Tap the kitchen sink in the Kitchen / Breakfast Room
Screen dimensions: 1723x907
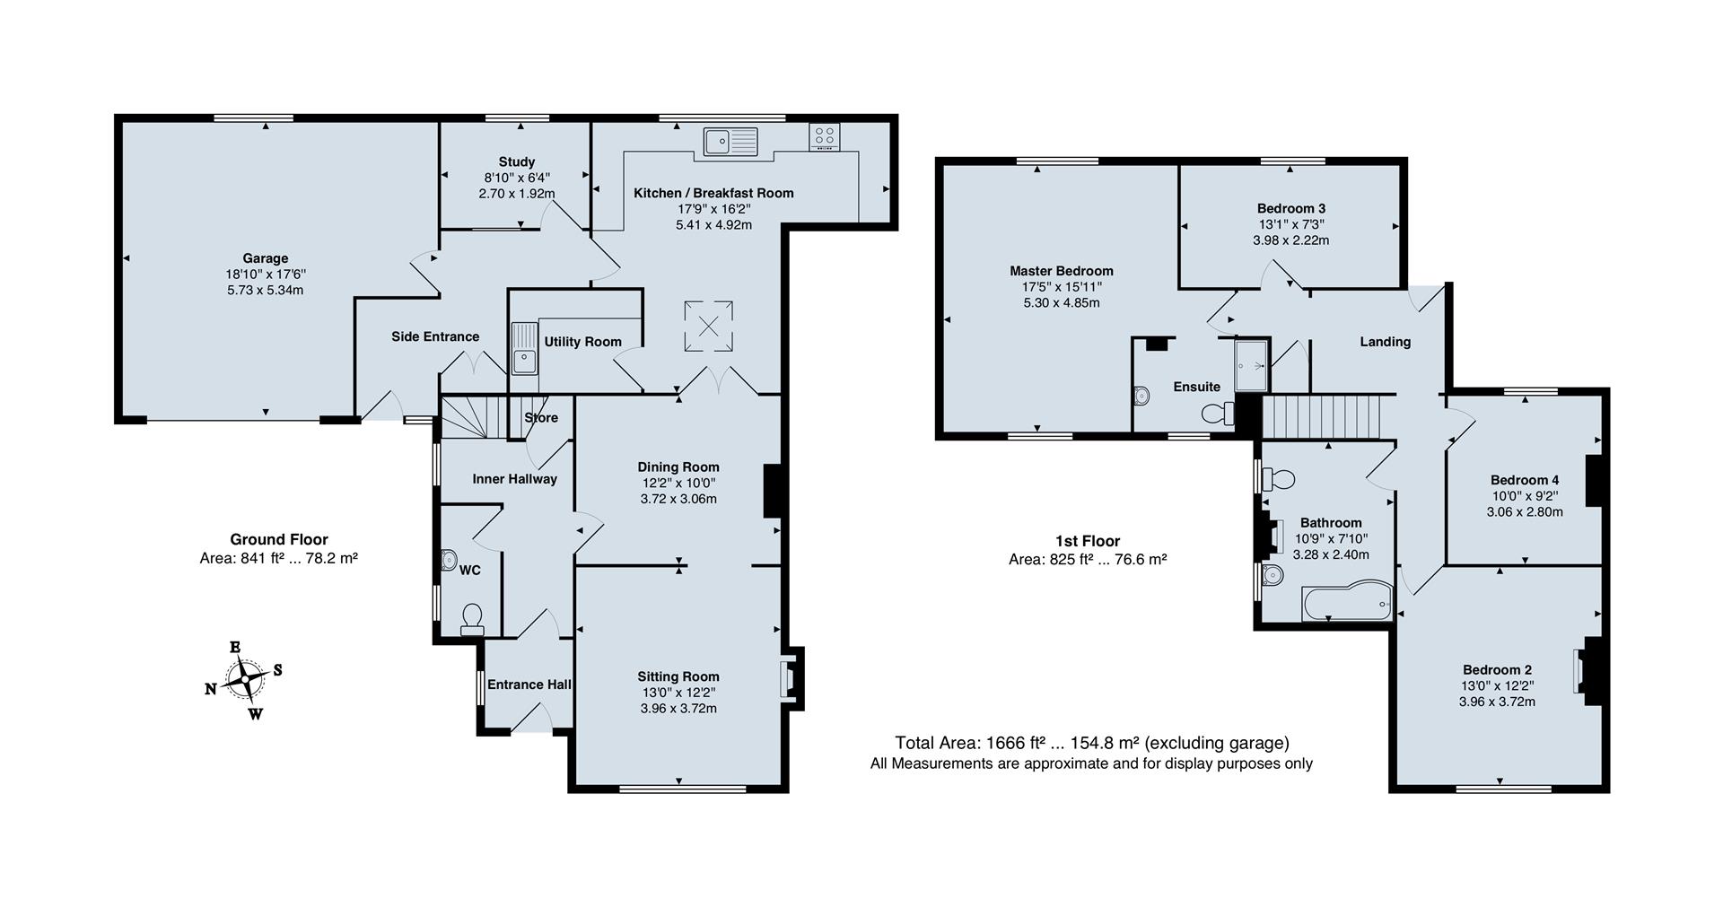(x=730, y=142)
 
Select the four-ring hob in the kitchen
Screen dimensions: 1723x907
(x=825, y=137)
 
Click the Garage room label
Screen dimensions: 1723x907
(x=265, y=258)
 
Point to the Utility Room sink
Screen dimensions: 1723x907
(x=523, y=348)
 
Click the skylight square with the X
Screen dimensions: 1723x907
(x=708, y=326)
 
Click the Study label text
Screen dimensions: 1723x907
(x=517, y=161)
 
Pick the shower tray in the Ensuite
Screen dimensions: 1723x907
(x=1252, y=365)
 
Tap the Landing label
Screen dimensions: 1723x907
(x=1386, y=342)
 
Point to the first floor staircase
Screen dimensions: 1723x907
(x=1320, y=417)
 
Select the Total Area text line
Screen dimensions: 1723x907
(x=1092, y=743)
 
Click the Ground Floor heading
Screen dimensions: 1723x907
(x=279, y=539)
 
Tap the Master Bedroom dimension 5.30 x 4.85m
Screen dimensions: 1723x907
(x=1062, y=303)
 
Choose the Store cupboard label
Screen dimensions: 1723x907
(x=541, y=418)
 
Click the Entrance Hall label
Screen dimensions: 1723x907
(x=529, y=685)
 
